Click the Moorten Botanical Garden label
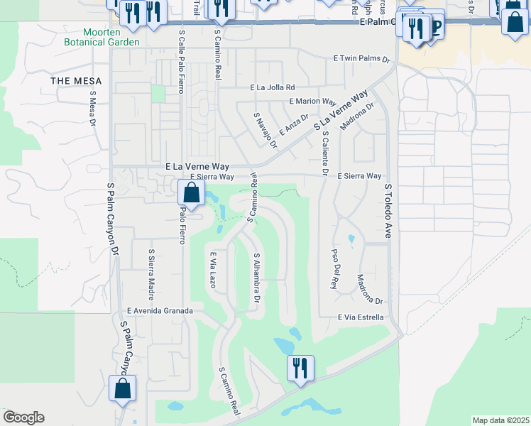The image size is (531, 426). click(x=111, y=37)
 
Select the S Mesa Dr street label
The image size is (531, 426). click(x=92, y=108)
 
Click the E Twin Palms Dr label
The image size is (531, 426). click(x=362, y=60)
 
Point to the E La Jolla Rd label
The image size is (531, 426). click(x=277, y=88)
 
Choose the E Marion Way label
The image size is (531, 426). click(x=312, y=102)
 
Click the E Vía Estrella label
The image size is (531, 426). click(x=361, y=317)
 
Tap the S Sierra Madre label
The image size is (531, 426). click(x=151, y=266)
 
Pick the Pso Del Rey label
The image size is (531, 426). click(x=334, y=268)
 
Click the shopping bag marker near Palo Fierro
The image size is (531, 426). click(x=191, y=192)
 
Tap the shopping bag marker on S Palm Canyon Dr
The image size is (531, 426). click(x=123, y=389)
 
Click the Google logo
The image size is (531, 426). click(x=23, y=417)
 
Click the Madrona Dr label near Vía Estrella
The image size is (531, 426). click(x=369, y=288)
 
